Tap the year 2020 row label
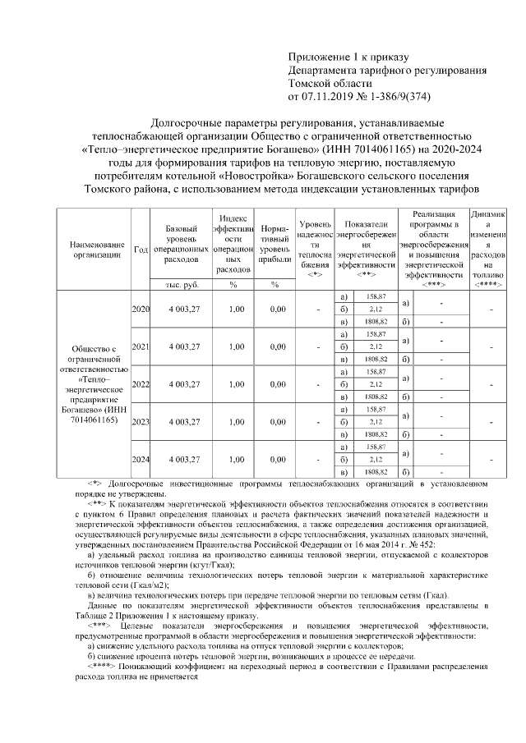pyautogui.click(x=141, y=309)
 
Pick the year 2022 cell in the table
pyautogui.click(x=141, y=384)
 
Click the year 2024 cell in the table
pyautogui.click(x=141, y=461)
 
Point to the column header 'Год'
pyautogui.click(x=141, y=249)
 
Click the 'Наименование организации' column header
pyautogui.click(x=97, y=249)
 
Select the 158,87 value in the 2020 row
pyautogui.click(x=376, y=296)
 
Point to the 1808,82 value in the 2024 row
pyautogui.click(x=376, y=473)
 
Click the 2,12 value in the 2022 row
pyautogui.click(x=376, y=384)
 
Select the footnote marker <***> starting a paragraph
pyautogui.click(x=99, y=626)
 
